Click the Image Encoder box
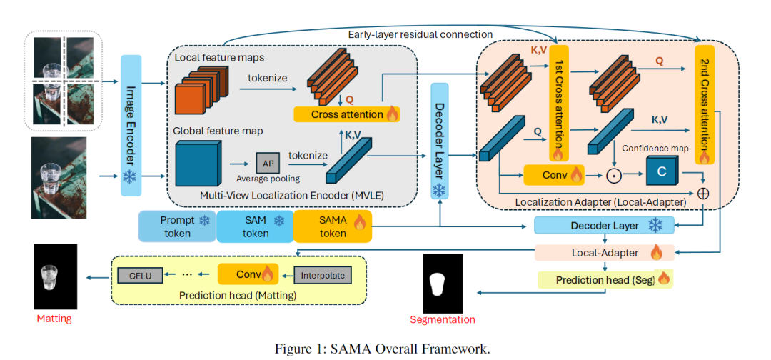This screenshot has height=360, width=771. tap(131, 125)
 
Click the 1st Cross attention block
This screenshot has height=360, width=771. tap(558, 104)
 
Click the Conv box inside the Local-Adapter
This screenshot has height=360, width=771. tap(554, 174)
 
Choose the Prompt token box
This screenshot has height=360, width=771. tap(177, 226)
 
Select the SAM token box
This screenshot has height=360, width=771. tap(255, 226)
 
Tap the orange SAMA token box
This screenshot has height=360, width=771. tap(332, 226)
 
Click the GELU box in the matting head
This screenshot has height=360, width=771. tap(141, 274)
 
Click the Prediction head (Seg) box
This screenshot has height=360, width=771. tap(604, 279)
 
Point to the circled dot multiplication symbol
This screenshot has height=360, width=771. tap(611, 174)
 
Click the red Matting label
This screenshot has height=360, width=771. tap(55, 319)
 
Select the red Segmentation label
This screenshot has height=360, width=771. tap(443, 319)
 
